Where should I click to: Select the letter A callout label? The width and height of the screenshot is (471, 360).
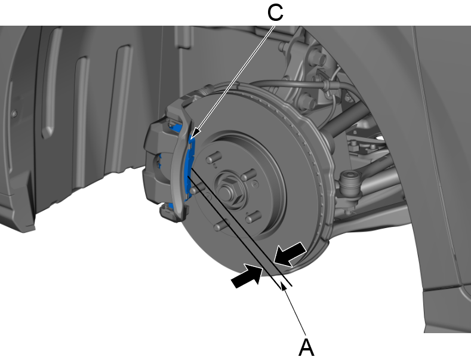click(x=306, y=346)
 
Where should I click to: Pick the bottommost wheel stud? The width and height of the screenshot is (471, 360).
click(x=222, y=226)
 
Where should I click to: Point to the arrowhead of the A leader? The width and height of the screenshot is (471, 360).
click(x=286, y=289)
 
